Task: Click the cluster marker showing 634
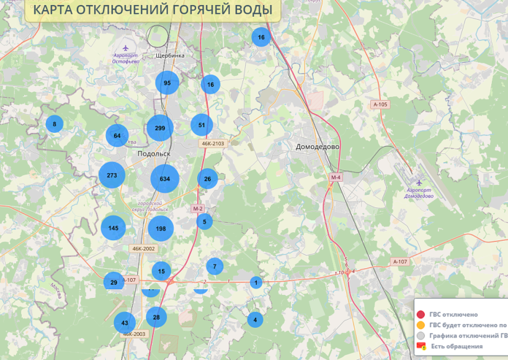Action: (x=165, y=179)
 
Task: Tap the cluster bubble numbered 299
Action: (x=160, y=129)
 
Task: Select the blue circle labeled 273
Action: (x=112, y=175)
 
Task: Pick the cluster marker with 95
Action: (x=167, y=83)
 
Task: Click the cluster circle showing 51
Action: (x=201, y=125)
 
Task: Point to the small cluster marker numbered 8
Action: (x=53, y=124)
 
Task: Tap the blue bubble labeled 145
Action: (x=113, y=228)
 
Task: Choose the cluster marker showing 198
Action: (x=161, y=229)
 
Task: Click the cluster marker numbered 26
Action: (x=207, y=179)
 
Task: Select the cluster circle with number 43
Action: (x=124, y=323)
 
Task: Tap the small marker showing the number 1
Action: (x=255, y=283)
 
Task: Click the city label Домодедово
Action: (x=317, y=147)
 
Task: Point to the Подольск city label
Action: (x=153, y=154)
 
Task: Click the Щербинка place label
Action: (x=170, y=55)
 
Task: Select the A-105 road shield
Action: (x=380, y=104)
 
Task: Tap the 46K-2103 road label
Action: (x=212, y=144)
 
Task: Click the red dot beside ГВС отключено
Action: (x=421, y=314)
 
